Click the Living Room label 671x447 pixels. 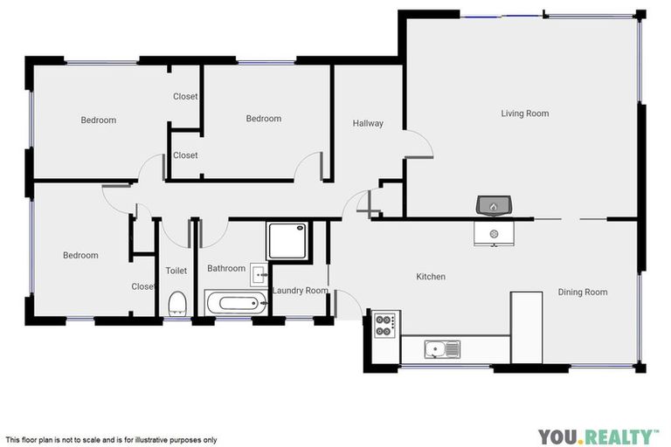tap(524, 113)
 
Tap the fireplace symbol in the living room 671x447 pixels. tap(494, 206)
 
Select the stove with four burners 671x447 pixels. tap(385, 326)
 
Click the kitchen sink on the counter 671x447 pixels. tap(442, 350)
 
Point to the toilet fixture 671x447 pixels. tap(177, 303)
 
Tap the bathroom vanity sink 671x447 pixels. tap(259, 275)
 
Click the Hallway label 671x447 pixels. tap(368, 123)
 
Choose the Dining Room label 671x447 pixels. tap(582, 292)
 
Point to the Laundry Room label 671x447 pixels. tap(301, 291)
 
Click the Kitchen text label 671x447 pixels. tap(431, 277)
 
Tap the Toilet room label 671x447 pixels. tap(176, 271)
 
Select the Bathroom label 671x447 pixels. tap(226, 269)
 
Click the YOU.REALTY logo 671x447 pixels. tap(598, 436)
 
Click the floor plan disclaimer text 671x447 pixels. tap(111, 440)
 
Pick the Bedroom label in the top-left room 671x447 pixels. tap(99, 120)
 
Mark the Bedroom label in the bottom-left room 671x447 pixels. tap(80, 256)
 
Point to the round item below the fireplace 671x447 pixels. tap(494, 234)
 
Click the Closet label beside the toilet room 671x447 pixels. tap(143, 286)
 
